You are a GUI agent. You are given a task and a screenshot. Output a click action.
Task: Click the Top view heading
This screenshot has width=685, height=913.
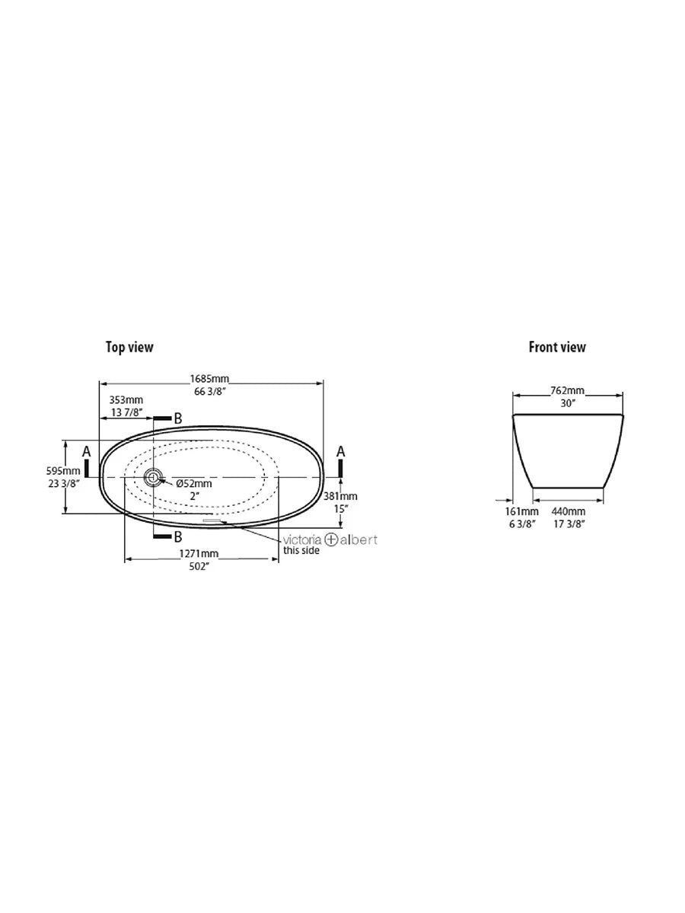129,347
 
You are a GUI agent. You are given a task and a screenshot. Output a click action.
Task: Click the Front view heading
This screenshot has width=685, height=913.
557,347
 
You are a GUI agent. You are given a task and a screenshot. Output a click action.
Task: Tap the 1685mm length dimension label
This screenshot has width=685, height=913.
209,379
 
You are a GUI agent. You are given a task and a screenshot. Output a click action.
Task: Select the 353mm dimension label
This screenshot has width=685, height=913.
126,400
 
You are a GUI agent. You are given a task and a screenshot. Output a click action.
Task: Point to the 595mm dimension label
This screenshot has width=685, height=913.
63,471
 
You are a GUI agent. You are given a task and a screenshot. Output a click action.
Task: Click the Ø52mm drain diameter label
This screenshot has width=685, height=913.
194,484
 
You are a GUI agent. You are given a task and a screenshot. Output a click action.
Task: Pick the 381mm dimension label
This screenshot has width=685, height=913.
341,496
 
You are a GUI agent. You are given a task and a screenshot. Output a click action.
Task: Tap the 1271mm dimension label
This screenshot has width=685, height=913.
199,554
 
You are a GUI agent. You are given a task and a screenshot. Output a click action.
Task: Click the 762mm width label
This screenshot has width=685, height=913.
567,391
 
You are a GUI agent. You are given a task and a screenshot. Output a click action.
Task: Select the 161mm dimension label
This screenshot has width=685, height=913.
521,511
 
